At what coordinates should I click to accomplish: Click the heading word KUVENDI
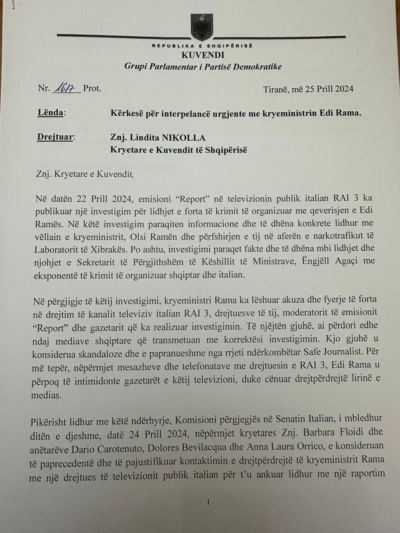coord(203,55)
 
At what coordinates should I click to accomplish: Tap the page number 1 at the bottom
coord(208,503)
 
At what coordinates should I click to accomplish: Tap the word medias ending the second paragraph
coord(46,395)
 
